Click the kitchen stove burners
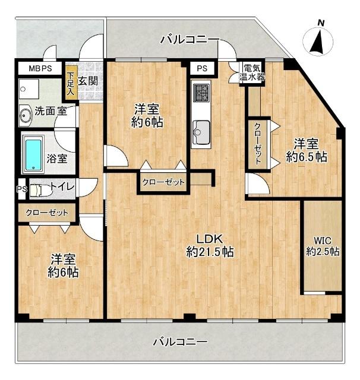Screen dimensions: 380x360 tap(201, 92)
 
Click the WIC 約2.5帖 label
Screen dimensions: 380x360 tap(323, 246)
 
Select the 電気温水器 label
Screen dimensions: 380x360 tap(251, 72)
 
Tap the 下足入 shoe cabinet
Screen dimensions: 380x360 tap(71, 83)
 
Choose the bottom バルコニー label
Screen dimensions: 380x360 tap(180, 342)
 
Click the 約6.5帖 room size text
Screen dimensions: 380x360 tap(307, 157)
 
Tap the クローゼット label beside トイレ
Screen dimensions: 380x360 tap(47, 213)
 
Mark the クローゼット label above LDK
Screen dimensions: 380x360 tap(163, 182)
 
